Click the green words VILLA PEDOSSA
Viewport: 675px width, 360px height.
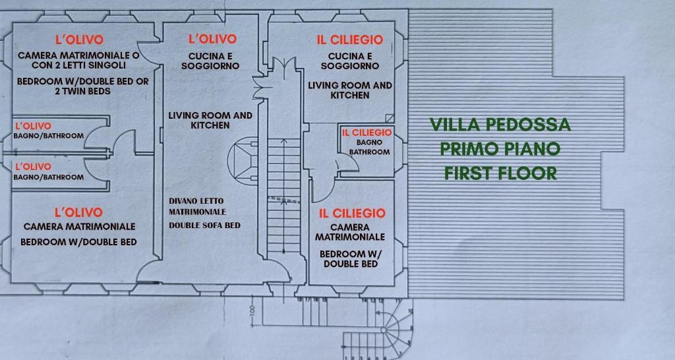coord(500,125)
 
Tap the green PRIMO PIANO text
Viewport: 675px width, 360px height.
coord(500,148)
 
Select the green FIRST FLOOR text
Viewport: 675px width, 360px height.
coord(500,173)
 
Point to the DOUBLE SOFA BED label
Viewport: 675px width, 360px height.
coord(204,225)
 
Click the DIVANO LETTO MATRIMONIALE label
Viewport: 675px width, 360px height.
coord(197,206)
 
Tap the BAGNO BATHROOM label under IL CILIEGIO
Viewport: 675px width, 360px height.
coord(369,147)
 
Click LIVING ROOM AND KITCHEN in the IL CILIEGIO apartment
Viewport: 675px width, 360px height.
coord(350,90)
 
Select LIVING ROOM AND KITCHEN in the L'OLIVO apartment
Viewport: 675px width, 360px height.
coord(210,120)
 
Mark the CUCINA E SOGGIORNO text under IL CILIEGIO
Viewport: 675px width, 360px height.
coord(350,61)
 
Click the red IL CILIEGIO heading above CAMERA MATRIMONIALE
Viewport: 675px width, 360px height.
coord(352,213)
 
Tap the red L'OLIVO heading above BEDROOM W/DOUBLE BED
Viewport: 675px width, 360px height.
coord(78,212)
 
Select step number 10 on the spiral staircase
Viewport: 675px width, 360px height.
coord(412,311)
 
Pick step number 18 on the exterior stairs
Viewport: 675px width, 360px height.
coord(300,300)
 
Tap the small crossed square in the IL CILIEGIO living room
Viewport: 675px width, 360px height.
coord(390,118)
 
